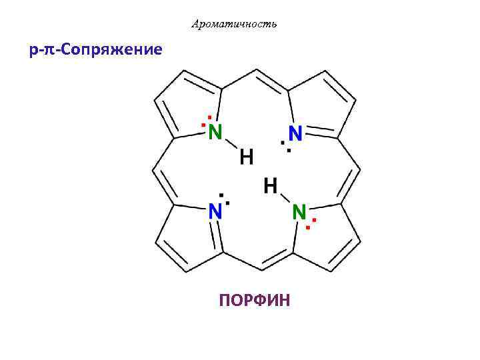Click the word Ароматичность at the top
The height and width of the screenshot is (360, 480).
tap(233, 25)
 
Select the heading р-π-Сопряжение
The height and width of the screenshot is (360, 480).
tap(95, 51)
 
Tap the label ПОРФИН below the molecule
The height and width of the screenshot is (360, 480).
tap(254, 301)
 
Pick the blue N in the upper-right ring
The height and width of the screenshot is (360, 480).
tap(295, 133)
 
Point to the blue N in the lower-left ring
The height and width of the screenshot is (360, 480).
tap(215, 212)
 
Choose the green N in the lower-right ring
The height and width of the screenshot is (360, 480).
tap(299, 212)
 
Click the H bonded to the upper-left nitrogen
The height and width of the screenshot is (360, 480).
tap(246, 158)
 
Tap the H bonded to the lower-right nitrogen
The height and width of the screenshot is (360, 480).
tap(270, 185)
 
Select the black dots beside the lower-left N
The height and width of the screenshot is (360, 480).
tap(225, 198)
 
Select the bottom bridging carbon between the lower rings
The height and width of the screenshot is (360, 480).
tap(257, 269)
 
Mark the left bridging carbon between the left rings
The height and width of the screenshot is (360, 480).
tap(155, 169)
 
